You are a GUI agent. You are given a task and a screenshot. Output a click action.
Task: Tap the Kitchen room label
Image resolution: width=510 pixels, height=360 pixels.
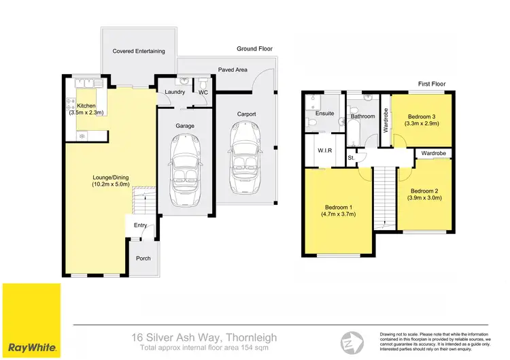86,106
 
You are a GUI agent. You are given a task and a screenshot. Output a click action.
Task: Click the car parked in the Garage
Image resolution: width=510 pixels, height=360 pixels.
185,165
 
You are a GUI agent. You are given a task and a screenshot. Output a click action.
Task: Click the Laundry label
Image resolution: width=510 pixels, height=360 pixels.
175,93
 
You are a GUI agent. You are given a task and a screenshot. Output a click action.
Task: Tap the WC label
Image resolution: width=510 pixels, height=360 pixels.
203,93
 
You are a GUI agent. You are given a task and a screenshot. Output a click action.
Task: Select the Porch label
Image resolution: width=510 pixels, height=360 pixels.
143,259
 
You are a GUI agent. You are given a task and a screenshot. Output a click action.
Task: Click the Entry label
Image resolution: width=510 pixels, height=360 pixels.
140,225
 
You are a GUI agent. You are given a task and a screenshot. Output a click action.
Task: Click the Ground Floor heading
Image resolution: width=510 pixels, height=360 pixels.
255,49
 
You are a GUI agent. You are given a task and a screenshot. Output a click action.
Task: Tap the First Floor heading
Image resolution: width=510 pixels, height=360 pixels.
432,84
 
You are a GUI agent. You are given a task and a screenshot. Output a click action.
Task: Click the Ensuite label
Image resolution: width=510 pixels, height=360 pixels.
325,114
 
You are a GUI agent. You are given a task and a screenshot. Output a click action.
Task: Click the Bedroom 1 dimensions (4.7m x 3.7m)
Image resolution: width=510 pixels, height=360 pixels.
339,214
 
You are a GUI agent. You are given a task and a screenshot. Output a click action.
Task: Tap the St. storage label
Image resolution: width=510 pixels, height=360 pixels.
352,159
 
